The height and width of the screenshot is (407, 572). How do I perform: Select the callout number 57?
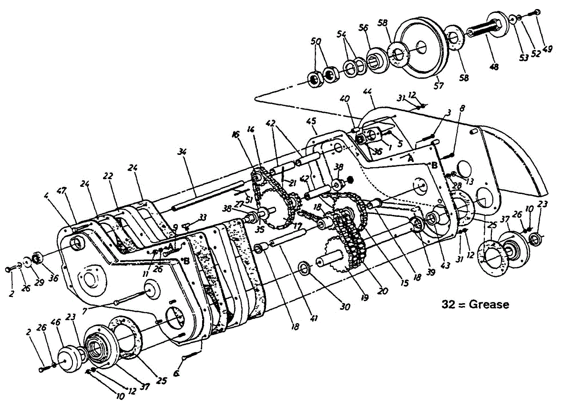coord(438,86)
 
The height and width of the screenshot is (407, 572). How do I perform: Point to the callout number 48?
coord(493,67)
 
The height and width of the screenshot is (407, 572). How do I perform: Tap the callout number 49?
coord(548,49)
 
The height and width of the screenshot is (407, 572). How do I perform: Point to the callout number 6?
coord(177,375)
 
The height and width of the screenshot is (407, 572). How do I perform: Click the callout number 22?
coord(109,176)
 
